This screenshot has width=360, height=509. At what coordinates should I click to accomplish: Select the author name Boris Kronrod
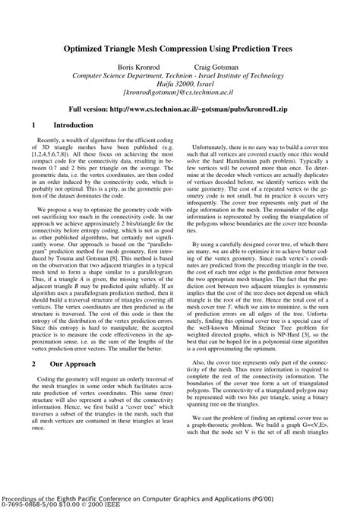click(147, 65)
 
